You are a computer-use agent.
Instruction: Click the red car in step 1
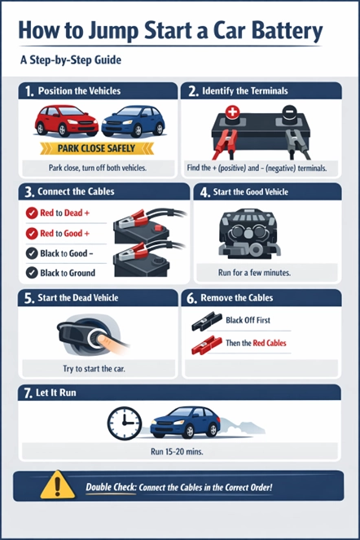[x=66, y=121]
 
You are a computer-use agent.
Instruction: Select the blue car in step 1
[x=133, y=121]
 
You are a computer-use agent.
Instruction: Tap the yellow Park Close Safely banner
[x=96, y=148]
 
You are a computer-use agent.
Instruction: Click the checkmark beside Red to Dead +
[x=30, y=213]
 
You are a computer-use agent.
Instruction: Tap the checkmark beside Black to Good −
[x=30, y=253]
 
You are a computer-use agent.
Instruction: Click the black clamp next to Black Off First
[x=208, y=323]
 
